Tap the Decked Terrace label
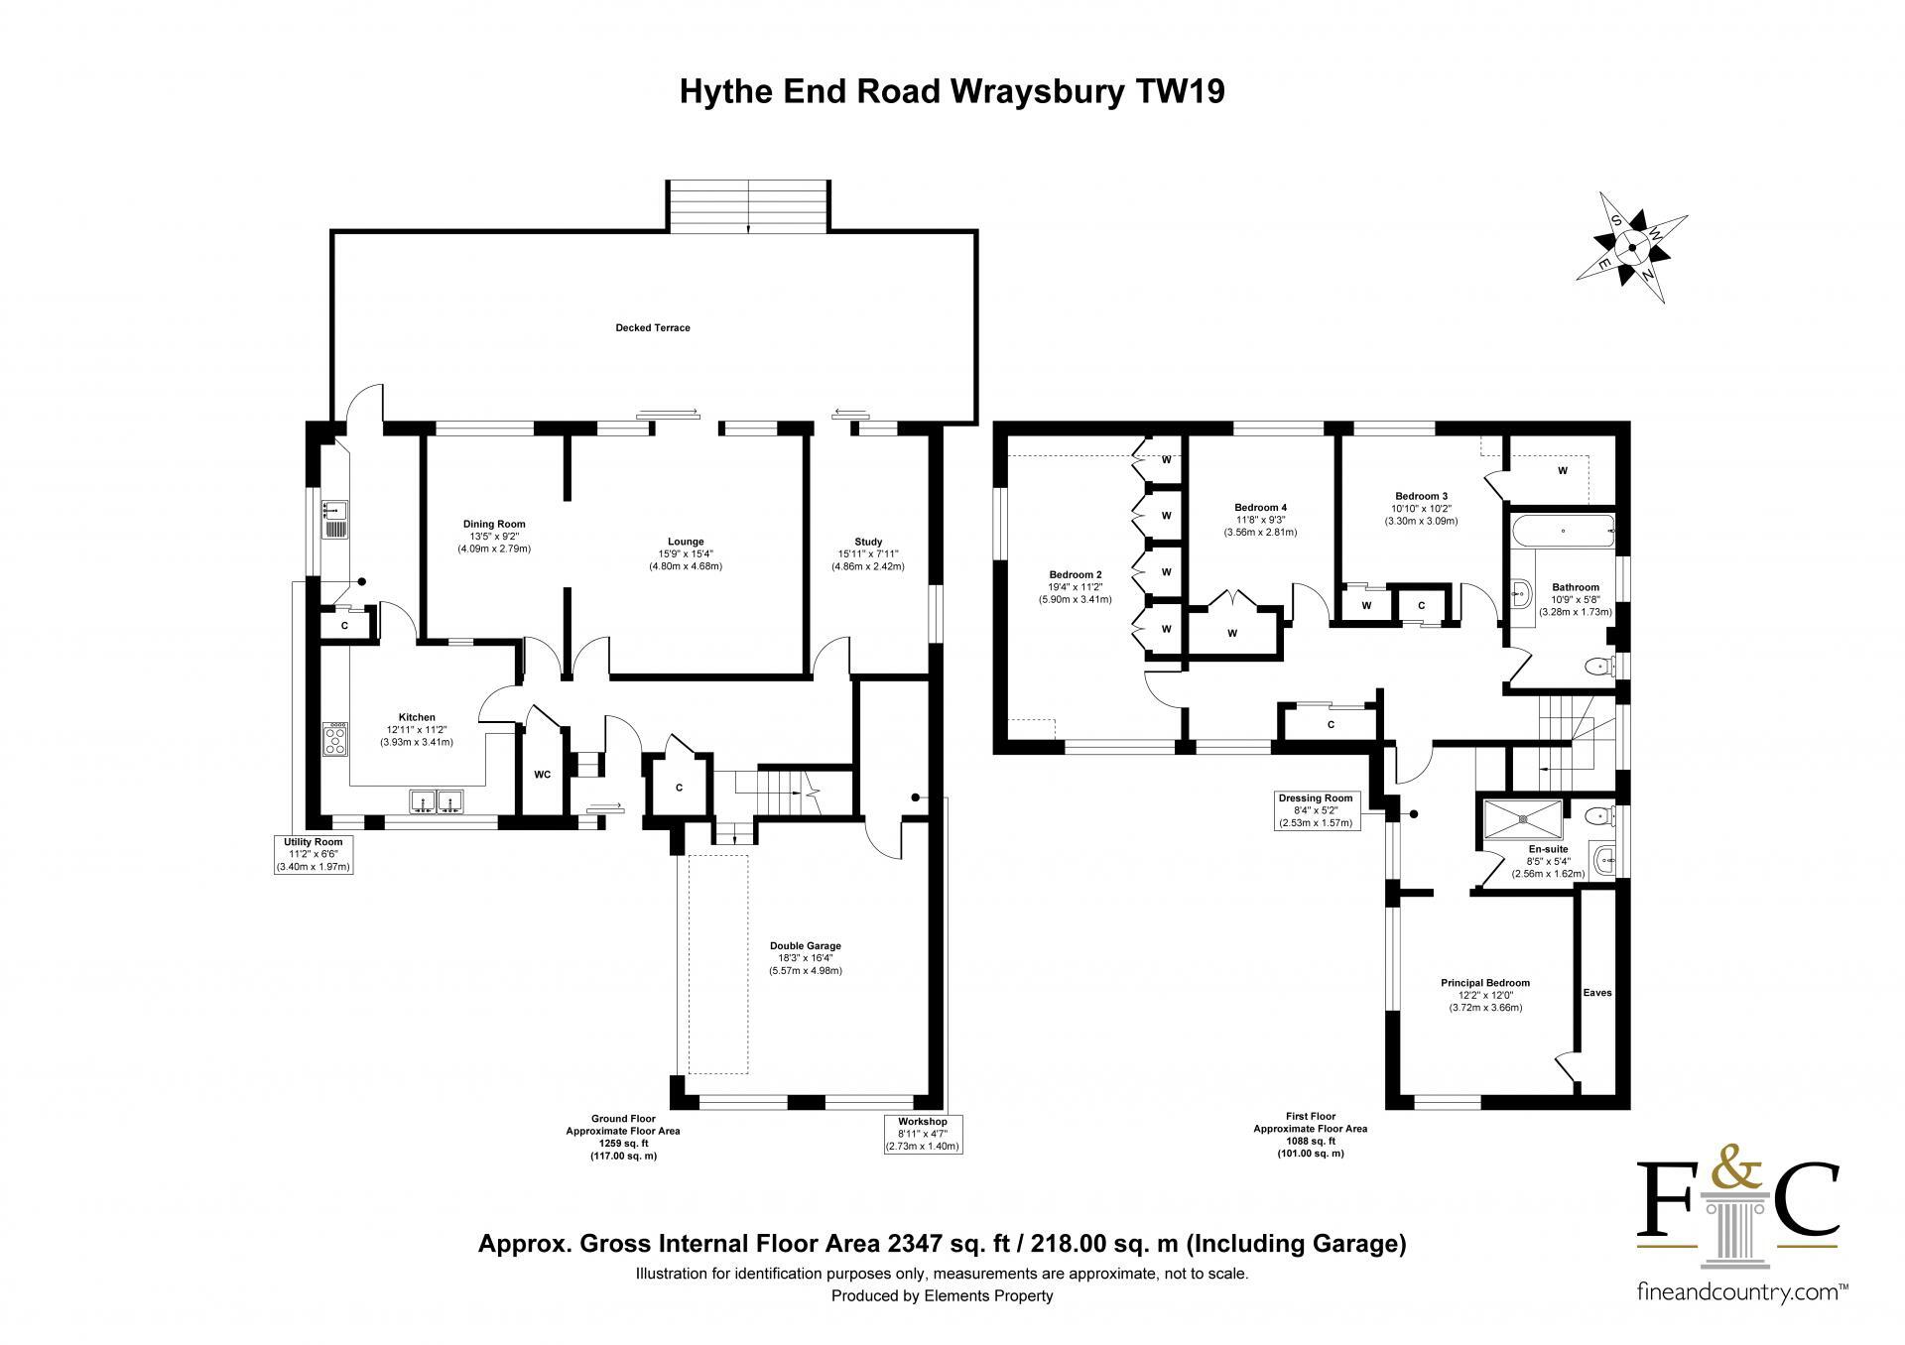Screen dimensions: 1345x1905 coord(652,327)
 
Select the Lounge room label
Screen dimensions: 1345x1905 coord(686,542)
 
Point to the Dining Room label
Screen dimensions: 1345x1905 coord(494,524)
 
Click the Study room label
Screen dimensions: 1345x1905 coord(868,542)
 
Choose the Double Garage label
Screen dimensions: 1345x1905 coord(805,945)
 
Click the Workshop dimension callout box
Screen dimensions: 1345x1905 coord(923,1134)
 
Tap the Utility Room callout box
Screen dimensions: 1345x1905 coord(314,854)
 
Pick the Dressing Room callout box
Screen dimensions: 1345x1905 coord(1316,809)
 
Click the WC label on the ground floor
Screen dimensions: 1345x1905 coord(543,775)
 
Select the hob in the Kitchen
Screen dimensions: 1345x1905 coord(337,737)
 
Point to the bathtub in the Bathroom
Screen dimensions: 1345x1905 coord(1563,532)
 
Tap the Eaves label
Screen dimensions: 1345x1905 coord(1597,992)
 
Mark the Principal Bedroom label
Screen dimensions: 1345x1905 coord(1485,983)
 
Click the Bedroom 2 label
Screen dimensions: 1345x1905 coord(1076,574)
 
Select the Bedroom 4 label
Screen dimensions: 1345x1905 coord(1261,508)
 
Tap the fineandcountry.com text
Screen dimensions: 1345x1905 coord(1742,1320)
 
